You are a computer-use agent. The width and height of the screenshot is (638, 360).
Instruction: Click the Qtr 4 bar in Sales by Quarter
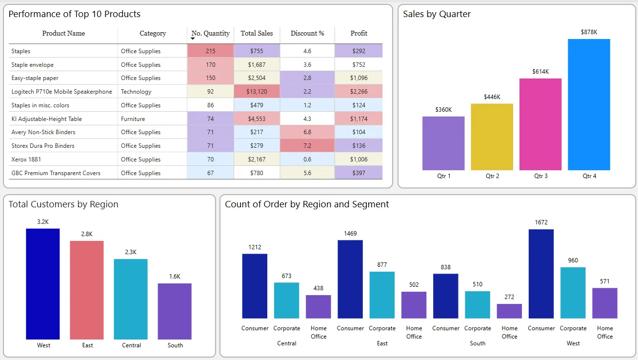click(x=589, y=104)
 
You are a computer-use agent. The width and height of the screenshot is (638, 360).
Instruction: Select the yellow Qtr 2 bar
click(x=492, y=137)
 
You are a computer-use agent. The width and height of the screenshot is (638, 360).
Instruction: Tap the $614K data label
click(x=540, y=72)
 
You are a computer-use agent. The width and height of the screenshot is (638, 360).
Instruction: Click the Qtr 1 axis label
click(x=443, y=176)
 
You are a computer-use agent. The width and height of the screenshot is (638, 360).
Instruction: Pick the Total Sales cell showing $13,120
click(x=257, y=92)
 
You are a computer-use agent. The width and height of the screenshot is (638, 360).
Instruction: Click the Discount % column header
click(x=307, y=34)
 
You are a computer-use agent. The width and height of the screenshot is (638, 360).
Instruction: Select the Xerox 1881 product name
click(x=26, y=160)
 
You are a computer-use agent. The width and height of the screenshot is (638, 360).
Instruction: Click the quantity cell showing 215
click(x=210, y=51)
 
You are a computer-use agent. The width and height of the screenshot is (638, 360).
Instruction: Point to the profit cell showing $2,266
click(x=359, y=92)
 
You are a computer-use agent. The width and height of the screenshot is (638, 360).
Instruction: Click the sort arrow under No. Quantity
click(x=193, y=39)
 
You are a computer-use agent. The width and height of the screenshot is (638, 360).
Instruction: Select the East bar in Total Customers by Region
click(x=87, y=290)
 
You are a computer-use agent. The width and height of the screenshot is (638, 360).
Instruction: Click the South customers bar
click(x=175, y=311)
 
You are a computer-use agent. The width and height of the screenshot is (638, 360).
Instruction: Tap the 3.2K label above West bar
click(x=43, y=222)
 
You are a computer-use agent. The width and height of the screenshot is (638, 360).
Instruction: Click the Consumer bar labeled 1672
click(x=541, y=274)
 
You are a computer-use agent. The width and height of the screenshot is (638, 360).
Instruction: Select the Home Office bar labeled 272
click(x=509, y=311)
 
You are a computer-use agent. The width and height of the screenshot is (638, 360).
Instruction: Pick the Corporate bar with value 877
click(x=382, y=295)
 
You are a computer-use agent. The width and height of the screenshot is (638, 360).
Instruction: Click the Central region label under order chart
click(x=287, y=343)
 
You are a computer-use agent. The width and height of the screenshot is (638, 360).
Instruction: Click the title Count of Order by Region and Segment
click(x=307, y=204)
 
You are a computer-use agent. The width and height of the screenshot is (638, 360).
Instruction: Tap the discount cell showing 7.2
click(x=307, y=146)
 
